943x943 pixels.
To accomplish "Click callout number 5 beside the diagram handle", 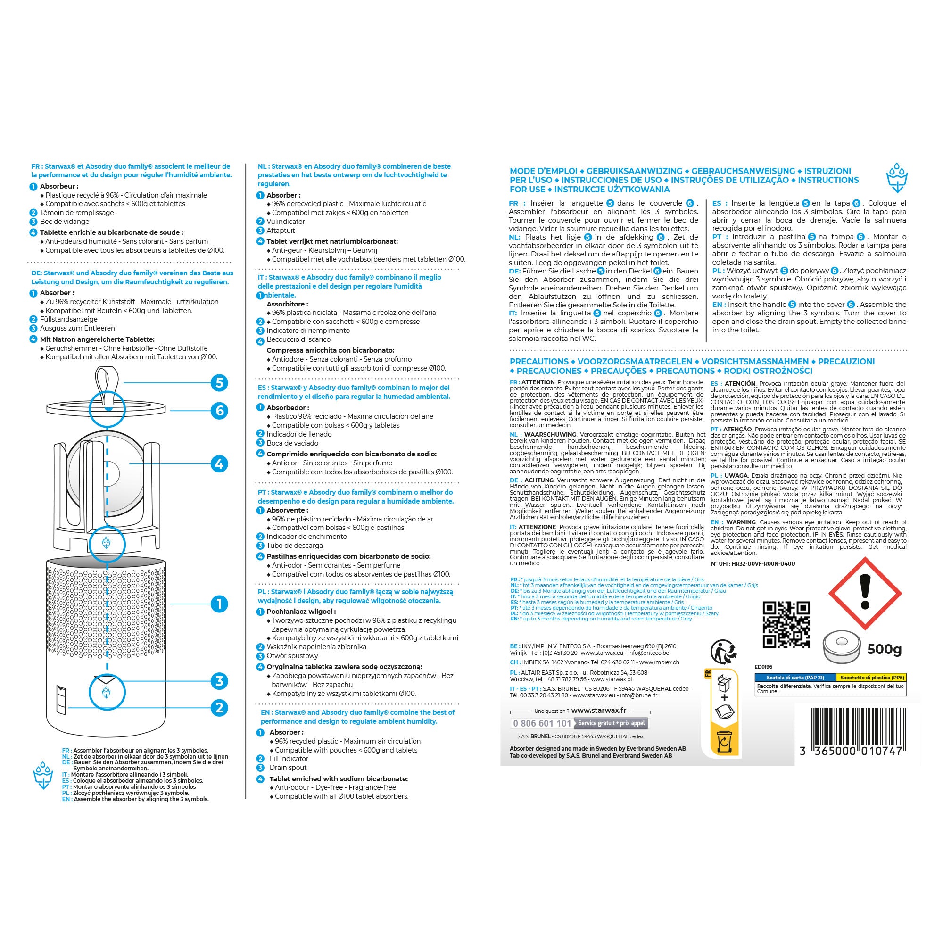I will click(x=219, y=383).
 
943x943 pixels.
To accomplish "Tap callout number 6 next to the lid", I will click(x=219, y=411).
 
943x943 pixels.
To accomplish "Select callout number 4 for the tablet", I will click(x=219, y=463).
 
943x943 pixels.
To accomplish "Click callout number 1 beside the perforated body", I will click(x=219, y=604).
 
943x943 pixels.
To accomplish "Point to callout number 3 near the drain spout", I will click(x=219, y=681).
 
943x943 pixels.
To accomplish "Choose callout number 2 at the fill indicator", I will click(x=219, y=707).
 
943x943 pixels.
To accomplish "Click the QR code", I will click(x=786, y=625).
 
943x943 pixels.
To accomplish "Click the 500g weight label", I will click(x=885, y=650).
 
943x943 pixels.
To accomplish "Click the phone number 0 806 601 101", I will click(x=542, y=723).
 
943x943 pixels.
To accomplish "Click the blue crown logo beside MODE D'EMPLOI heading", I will click(x=897, y=178).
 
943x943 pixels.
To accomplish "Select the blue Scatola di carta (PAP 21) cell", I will click(x=795, y=678).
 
